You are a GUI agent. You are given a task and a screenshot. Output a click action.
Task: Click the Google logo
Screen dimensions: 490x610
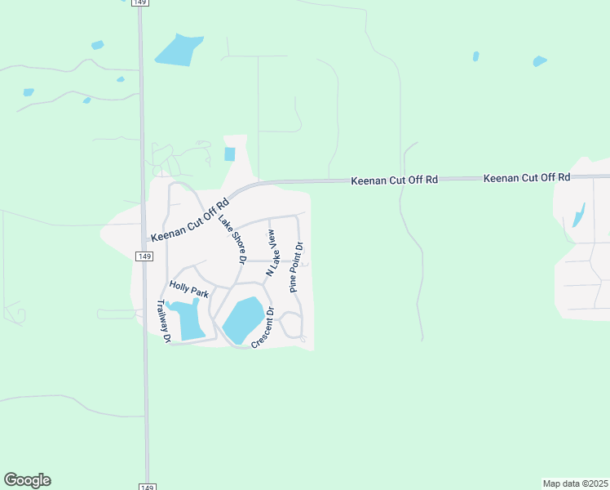coord(27,480)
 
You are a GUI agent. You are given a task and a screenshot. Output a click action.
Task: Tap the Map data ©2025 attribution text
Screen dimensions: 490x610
coord(574,483)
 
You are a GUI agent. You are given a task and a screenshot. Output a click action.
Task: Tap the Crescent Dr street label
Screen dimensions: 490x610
coord(263,328)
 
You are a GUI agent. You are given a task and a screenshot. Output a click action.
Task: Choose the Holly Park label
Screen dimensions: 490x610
coord(189,288)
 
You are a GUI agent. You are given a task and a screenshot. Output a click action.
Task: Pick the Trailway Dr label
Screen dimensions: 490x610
coord(162,321)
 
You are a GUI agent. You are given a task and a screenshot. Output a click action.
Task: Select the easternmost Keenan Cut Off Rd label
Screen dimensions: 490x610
coord(527,177)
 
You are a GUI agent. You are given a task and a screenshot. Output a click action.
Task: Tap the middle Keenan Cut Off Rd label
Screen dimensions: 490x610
coord(395,179)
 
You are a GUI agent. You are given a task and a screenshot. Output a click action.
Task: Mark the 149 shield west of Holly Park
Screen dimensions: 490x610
coord(144,256)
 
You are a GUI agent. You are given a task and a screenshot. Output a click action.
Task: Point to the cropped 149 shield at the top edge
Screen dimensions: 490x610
coord(139,2)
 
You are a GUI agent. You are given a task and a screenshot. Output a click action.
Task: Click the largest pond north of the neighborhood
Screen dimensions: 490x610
coord(179,50)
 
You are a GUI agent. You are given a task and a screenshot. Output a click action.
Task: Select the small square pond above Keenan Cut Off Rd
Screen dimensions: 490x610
coord(229,154)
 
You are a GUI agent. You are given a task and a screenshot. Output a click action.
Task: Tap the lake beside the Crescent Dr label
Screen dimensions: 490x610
coord(243,320)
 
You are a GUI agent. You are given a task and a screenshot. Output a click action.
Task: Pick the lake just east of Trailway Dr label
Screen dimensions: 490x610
coord(189,318)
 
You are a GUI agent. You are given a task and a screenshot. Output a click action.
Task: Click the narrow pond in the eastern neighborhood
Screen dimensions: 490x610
coord(579,215)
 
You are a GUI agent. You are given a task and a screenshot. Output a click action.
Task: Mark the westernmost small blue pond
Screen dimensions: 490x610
coord(29,92)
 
